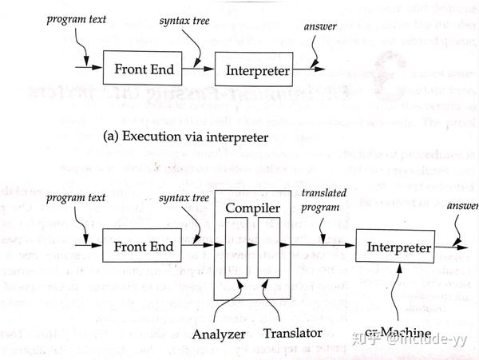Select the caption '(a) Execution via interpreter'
point(185,136)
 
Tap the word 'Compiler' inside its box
point(251,209)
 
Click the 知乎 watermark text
point(366,339)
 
